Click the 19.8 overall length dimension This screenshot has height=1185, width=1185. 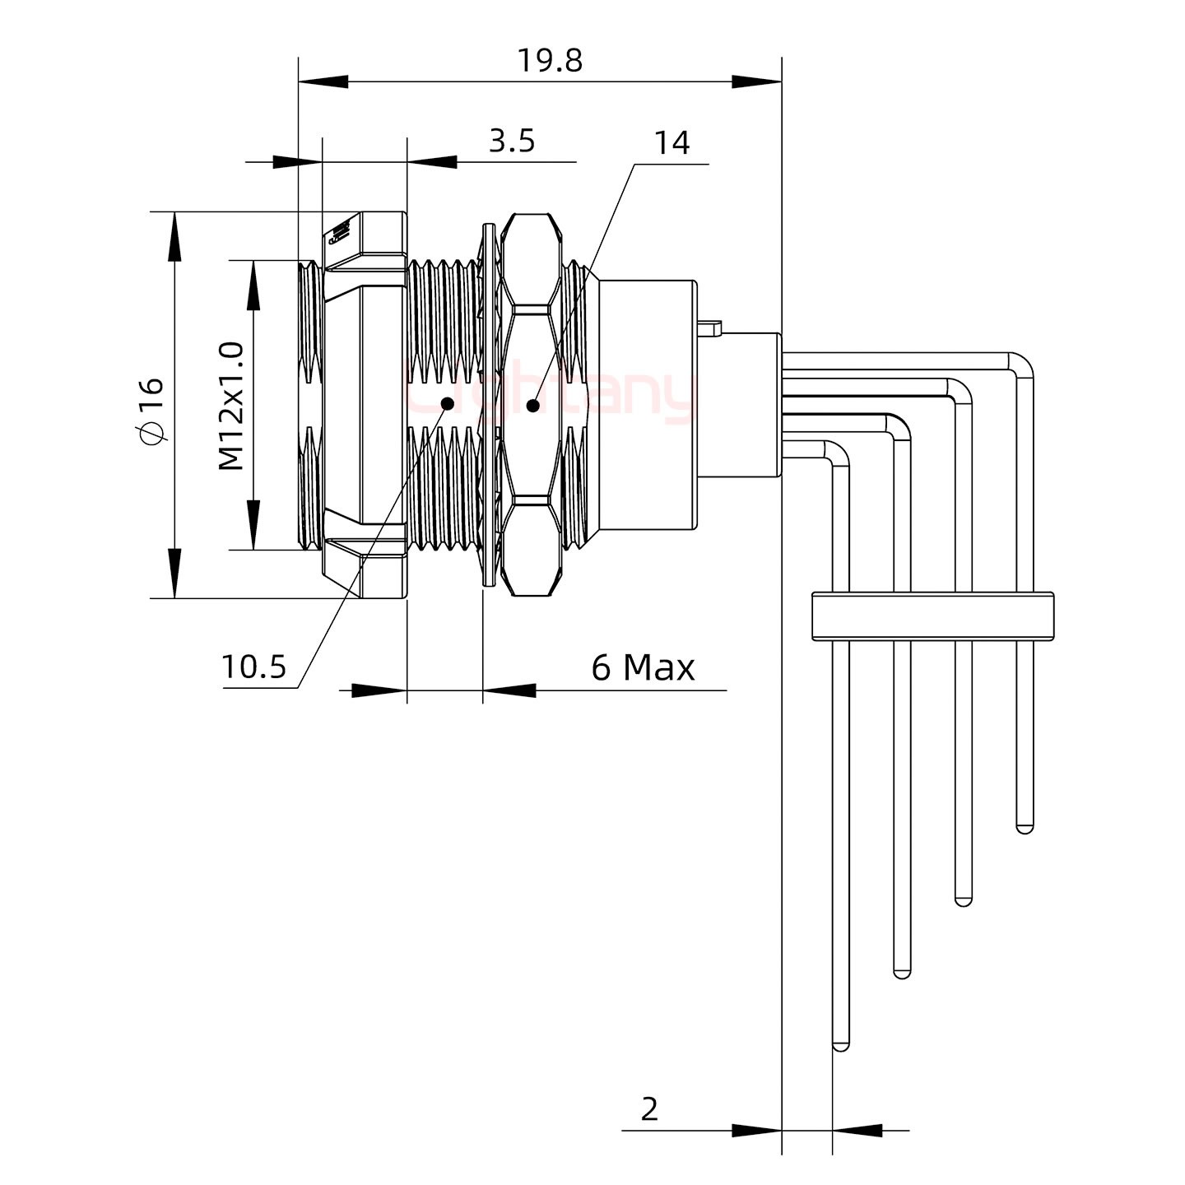click(549, 60)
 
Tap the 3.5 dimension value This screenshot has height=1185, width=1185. click(512, 142)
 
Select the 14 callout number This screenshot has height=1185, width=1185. click(671, 143)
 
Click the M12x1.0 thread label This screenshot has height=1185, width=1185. click(231, 406)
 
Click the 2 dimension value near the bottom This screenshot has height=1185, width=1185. click(649, 1109)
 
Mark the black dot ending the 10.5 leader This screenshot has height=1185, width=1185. click(448, 403)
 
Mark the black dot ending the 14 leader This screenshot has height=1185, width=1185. click(533, 405)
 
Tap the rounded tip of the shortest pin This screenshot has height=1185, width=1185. click(1025, 827)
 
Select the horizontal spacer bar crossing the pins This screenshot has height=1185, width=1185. click(933, 616)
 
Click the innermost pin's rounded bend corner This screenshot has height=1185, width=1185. click(836, 453)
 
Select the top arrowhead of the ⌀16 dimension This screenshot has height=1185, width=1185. click(174, 235)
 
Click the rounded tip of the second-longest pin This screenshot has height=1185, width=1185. click(902, 973)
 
